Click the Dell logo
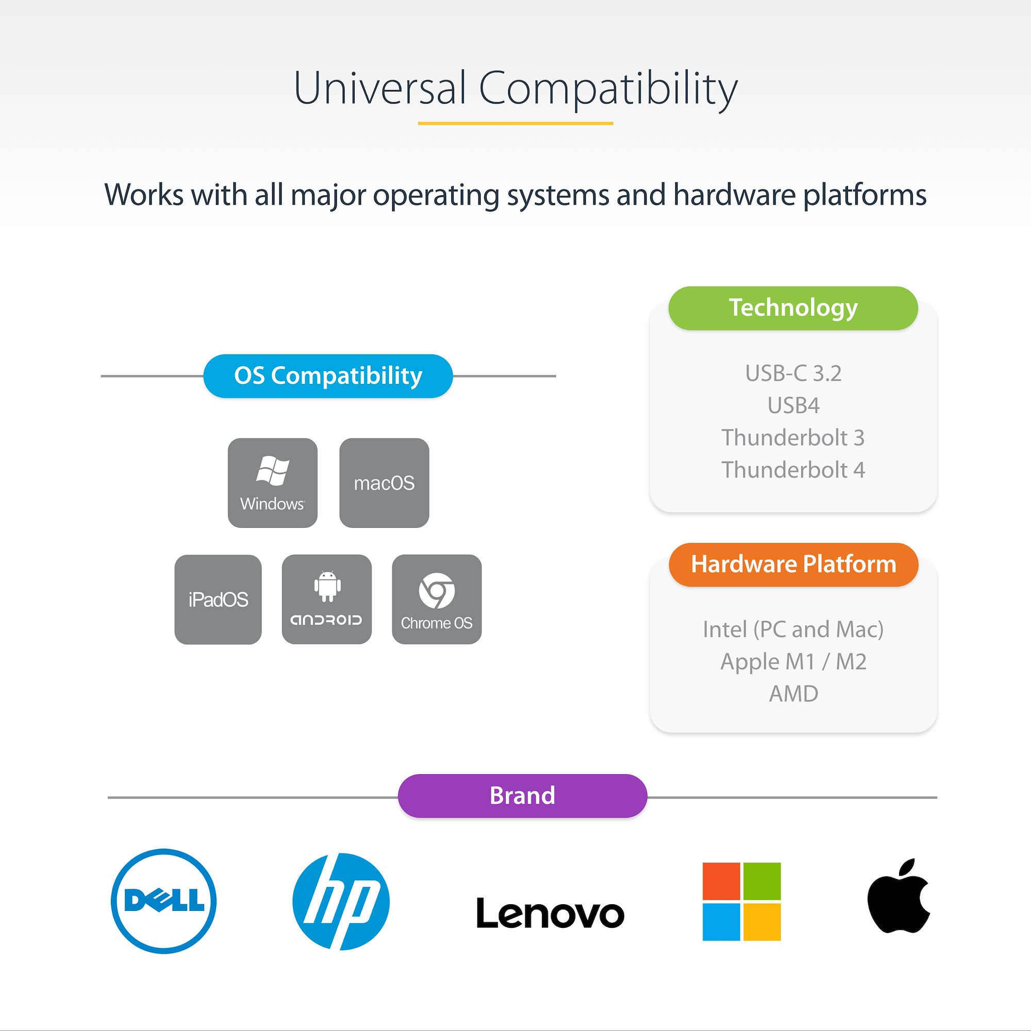pos(164,901)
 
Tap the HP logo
pos(341,901)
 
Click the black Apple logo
pos(899,897)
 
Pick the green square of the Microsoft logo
pos(761,881)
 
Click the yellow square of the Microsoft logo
pos(761,922)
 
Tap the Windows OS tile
pos(273,483)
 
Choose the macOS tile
pos(384,483)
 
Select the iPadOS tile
pos(218,600)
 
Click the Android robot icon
pos(327,587)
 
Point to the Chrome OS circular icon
pos(437,591)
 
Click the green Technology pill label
pos(793,308)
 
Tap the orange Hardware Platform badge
pos(793,564)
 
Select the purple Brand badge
pos(522,795)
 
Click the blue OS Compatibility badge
pos(328,376)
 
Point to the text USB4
pos(793,406)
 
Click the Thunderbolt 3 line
pos(793,438)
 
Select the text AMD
pos(793,694)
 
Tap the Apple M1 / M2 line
pos(793,662)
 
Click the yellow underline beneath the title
pos(515,123)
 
